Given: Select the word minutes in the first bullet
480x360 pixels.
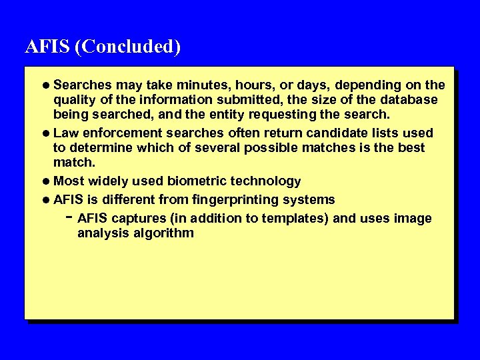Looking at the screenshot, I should [x=201, y=85].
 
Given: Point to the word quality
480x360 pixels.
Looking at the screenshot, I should [x=74, y=100].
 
